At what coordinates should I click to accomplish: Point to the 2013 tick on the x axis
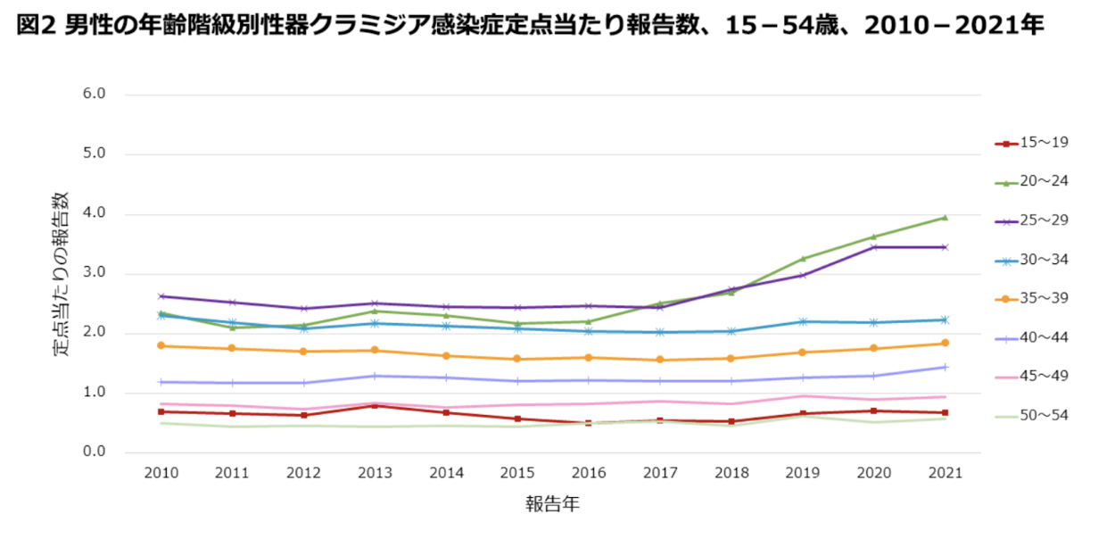tap(375, 474)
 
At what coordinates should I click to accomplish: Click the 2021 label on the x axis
tap(945, 474)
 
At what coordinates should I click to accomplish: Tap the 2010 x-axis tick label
tap(161, 474)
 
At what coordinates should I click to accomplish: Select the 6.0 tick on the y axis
tap(93, 94)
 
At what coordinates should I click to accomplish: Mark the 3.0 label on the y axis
tap(93, 273)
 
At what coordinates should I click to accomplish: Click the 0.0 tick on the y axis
tap(93, 452)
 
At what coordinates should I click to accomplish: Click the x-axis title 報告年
tap(552, 505)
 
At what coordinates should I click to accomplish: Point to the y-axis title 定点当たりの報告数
tap(61, 273)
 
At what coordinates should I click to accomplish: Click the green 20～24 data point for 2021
tap(945, 217)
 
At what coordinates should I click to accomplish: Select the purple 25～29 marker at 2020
tap(873, 246)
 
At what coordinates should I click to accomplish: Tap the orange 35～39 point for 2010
tap(161, 345)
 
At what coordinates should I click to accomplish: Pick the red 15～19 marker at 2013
tap(375, 405)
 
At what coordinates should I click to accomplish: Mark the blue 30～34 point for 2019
tap(802, 321)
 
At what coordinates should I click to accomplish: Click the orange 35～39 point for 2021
tap(945, 343)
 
